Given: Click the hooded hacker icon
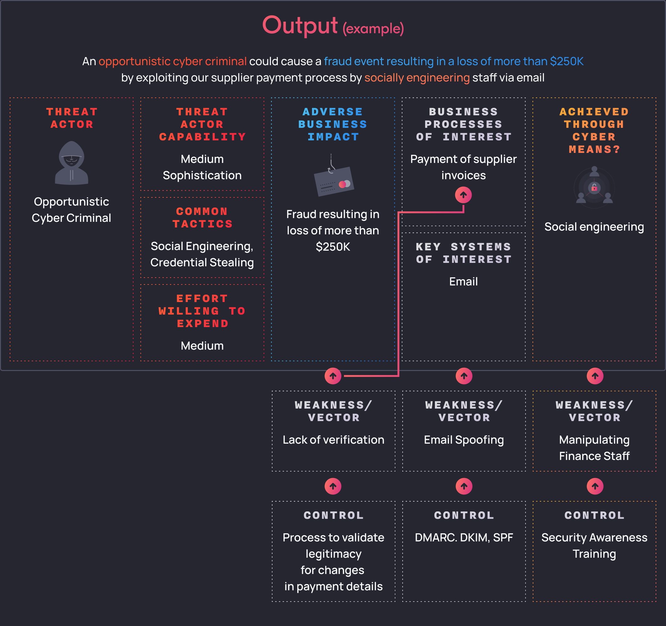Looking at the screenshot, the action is (71, 163).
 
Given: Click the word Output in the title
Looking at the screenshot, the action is (300, 25).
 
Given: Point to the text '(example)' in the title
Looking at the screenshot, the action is (373, 29).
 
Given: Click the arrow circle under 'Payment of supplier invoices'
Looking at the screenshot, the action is (463, 195).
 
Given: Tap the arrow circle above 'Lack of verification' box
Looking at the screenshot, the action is (333, 376).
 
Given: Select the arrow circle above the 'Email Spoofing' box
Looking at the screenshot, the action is (464, 376).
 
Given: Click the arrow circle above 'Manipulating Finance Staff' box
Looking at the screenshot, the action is (595, 376).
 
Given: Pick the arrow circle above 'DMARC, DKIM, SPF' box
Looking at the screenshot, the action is (464, 486).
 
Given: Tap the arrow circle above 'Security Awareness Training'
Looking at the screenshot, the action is (595, 486).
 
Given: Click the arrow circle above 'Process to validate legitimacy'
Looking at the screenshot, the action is (333, 486).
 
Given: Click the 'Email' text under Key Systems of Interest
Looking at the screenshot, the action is (463, 282).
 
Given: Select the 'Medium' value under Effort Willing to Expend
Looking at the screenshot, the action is (202, 346).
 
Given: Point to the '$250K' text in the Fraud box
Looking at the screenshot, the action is (333, 247).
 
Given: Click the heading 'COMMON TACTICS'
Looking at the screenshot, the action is (202, 217).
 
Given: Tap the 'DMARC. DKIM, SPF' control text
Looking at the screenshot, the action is (464, 538).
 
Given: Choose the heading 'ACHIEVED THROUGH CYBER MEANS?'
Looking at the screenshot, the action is (594, 131).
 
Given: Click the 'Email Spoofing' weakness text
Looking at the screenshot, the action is (464, 440).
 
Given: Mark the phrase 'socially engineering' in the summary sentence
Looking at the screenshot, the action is (417, 78).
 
